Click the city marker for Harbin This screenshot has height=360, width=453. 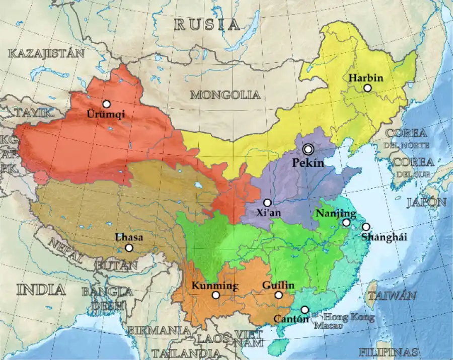(x=367, y=88)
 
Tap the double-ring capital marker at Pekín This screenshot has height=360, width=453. (x=308, y=149)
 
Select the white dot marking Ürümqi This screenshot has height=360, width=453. (x=106, y=104)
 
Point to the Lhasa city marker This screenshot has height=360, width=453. (x=129, y=248)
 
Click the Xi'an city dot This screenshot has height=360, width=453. (x=268, y=202)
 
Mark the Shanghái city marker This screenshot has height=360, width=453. (x=366, y=227)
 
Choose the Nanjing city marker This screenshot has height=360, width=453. (x=346, y=222)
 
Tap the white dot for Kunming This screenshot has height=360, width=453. (x=216, y=295)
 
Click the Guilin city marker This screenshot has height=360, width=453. (x=279, y=295)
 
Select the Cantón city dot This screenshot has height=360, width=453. (x=305, y=310)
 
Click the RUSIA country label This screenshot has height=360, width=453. (x=207, y=24)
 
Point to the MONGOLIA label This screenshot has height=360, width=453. (x=225, y=95)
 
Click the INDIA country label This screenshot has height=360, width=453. (x=41, y=290)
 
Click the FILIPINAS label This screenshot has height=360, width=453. (x=389, y=351)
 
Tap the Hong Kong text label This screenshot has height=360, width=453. (x=349, y=317)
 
